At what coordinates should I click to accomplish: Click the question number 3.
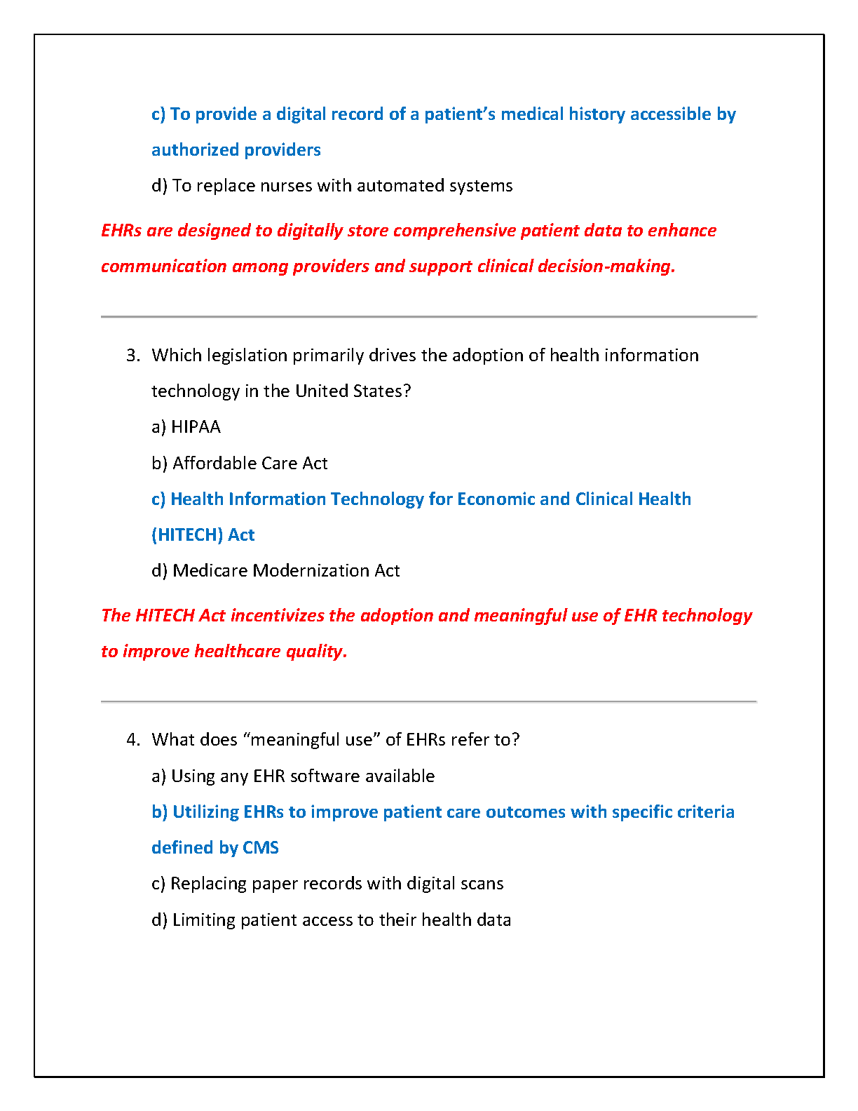[x=132, y=356]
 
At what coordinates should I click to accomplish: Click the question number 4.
[x=132, y=740]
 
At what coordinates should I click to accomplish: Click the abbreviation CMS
[x=260, y=848]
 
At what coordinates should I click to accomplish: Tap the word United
[x=320, y=391]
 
